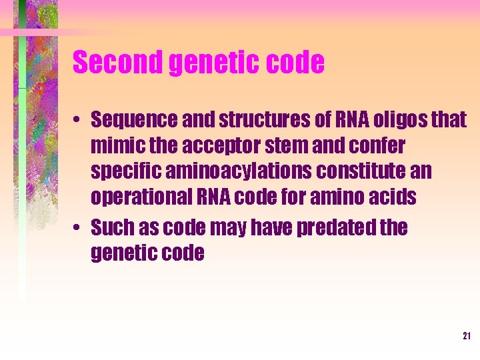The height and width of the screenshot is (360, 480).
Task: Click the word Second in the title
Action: pyautogui.click(x=117, y=63)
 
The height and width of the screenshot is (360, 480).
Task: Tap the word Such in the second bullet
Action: pyautogui.click(x=111, y=228)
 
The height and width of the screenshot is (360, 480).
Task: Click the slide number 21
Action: pyautogui.click(x=467, y=336)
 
